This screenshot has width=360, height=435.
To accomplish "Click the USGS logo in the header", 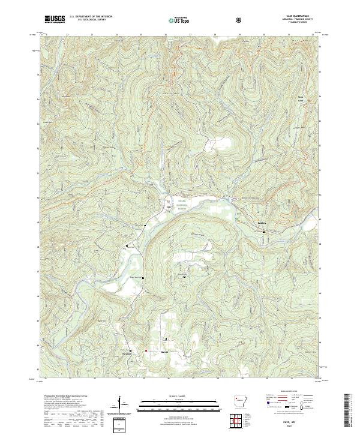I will [55, 19].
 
